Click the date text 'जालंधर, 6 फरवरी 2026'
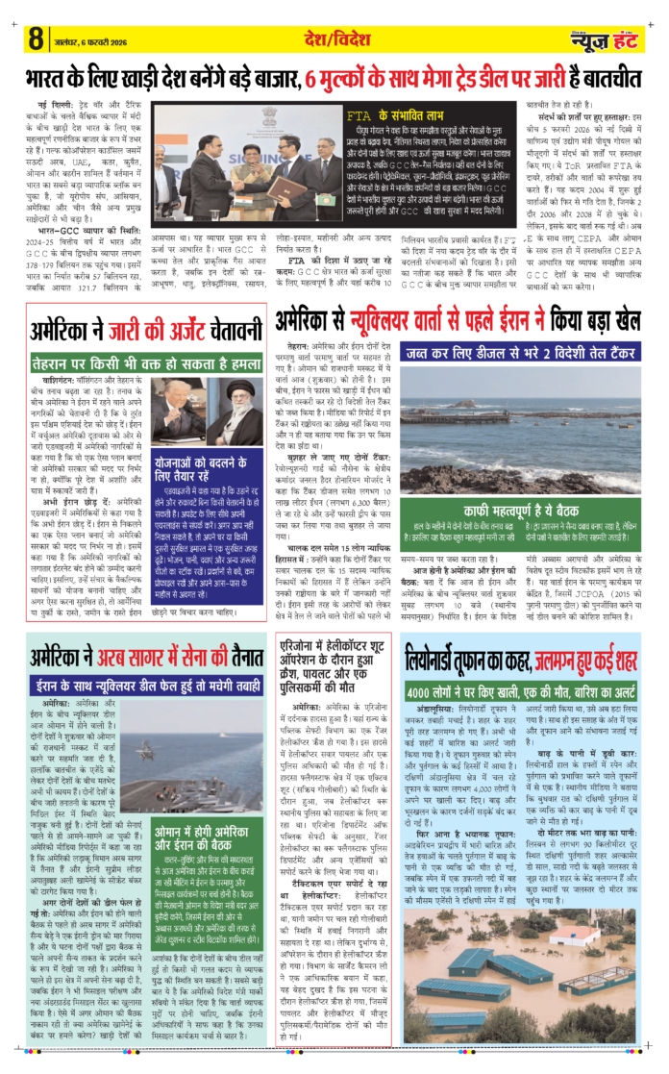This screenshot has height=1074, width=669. coord(87,40)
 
